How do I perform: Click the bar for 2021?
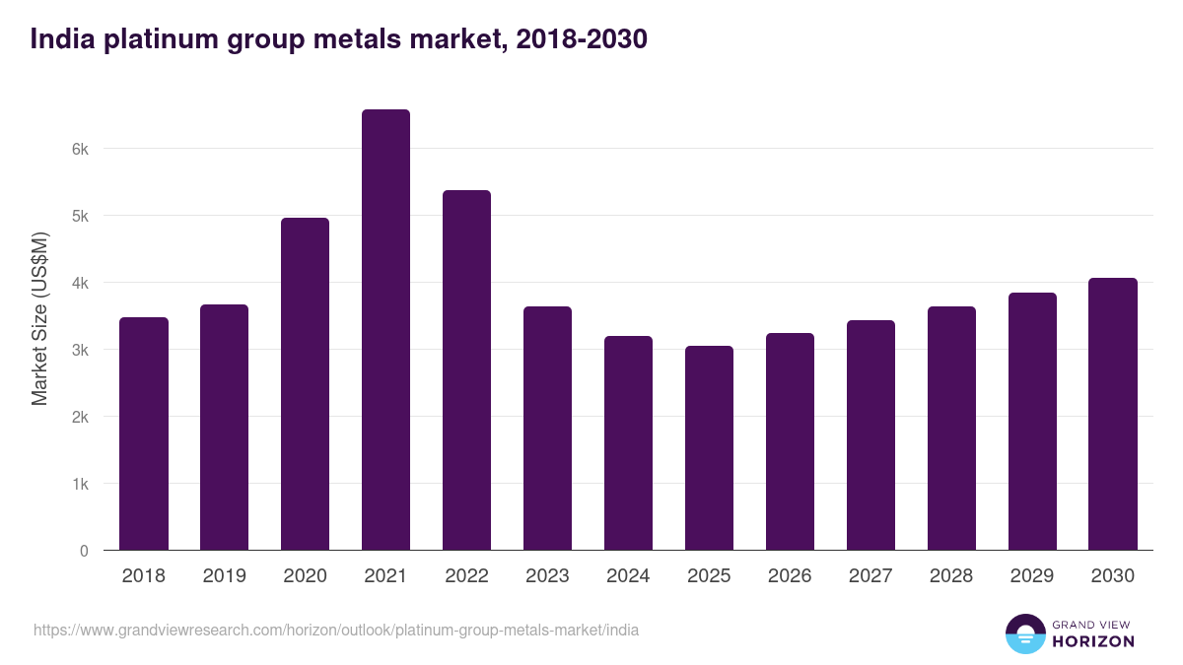385,330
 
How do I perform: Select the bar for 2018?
144,433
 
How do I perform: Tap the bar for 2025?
709,448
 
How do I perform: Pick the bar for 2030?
1113,414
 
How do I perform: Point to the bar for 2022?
466,370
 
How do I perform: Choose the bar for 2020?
305,384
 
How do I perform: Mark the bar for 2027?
870,435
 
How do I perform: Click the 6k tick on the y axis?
80,149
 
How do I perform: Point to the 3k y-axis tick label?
80,350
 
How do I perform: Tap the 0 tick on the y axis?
85,551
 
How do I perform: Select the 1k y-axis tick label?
80,484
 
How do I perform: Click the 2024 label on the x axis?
628,576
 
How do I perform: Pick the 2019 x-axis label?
224,576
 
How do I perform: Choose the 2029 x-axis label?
1032,576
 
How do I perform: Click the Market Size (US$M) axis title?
39,318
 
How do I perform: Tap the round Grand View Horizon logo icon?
1024,633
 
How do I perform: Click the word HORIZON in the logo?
1093,641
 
